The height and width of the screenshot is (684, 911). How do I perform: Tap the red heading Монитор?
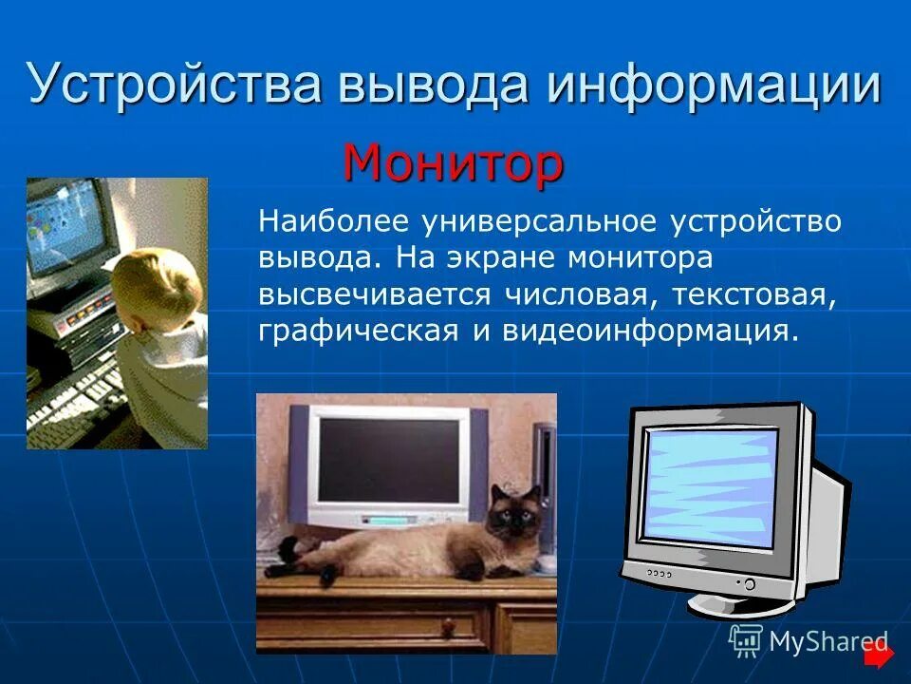point(454,163)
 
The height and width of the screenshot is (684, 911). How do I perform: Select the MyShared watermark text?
point(827,641)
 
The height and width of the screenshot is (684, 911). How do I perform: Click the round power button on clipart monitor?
point(749,583)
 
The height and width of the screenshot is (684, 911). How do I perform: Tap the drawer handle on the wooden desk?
point(449,628)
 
